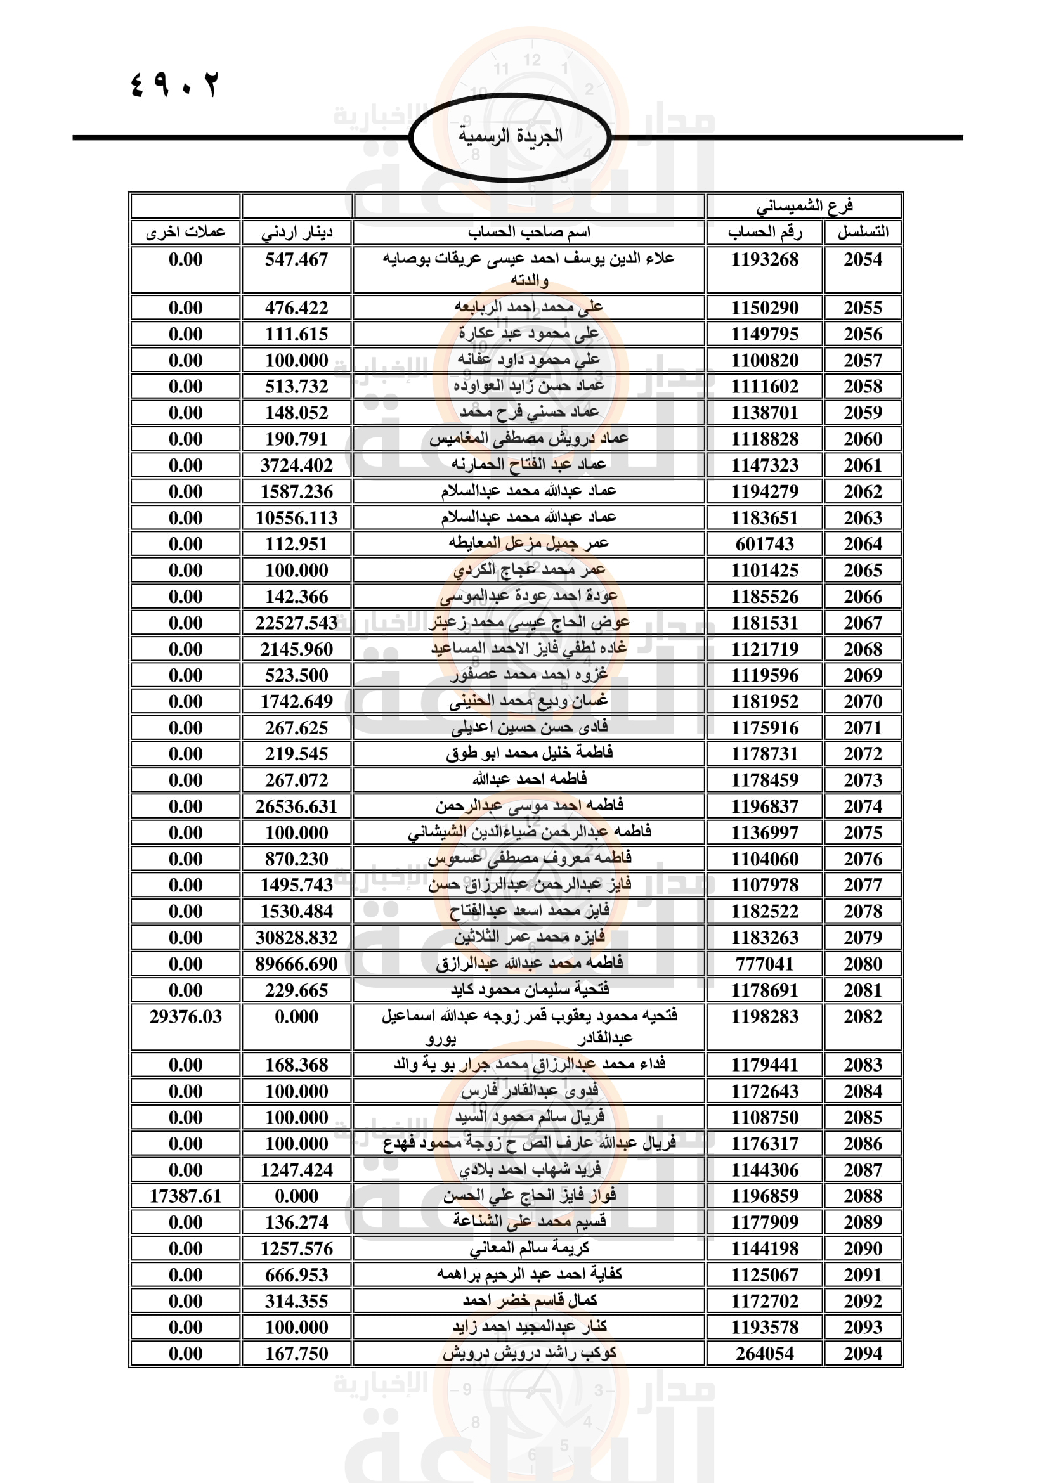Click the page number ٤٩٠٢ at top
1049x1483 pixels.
coord(174,84)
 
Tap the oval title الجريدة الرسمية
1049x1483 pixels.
coord(511,136)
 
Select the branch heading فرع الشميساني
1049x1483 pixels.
coord(804,206)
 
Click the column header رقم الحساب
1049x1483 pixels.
coord(765,232)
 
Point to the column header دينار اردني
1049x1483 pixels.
coord(296,233)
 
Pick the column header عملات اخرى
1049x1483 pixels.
coord(185,233)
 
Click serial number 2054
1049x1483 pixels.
coord(863,260)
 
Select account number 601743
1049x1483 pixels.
coord(764,545)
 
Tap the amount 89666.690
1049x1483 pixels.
coord(296,964)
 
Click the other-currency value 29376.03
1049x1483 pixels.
coord(185,1016)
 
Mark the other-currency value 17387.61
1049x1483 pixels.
coord(185,1196)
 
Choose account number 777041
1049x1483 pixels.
coord(764,964)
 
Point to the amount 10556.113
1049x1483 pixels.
coord(296,518)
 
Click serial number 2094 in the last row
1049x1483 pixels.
coord(863,1354)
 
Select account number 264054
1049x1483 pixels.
coord(764,1354)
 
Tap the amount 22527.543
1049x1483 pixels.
coord(296,623)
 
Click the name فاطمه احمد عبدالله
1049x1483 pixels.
coord(529,780)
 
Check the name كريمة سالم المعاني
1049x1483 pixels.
coord(529,1248)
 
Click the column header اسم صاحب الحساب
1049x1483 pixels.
coord(529,232)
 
